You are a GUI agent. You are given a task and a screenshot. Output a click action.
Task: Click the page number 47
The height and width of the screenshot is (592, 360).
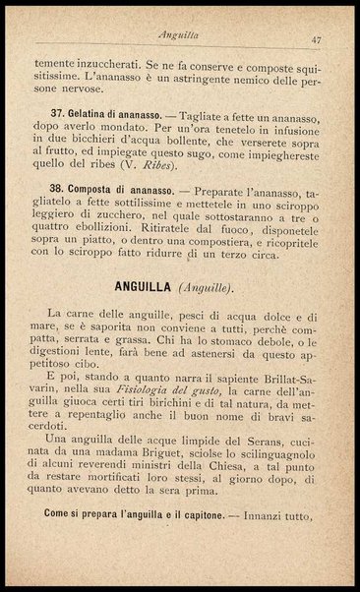click(316, 39)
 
